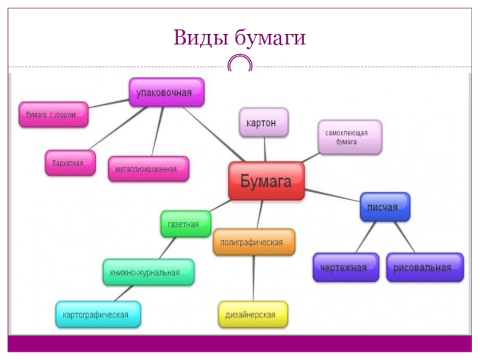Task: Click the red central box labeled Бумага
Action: pos(266,181)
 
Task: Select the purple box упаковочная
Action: pos(167,93)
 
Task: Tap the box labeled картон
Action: pos(263,122)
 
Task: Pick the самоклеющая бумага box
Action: pos(350,137)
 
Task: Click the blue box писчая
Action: pos(385,207)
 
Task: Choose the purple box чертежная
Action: pos(346,267)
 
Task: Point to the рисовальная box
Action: pos(424,267)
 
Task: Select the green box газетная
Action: pos(185,224)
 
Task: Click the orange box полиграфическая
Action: pos(254,242)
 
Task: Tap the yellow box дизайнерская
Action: pos(253,314)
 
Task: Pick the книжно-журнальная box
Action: pos(148,272)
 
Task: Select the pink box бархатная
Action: pos(70,163)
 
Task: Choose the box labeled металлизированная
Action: pos(148,169)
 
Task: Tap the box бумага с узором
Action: pos(53,114)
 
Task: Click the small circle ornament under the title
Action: pos(240,64)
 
